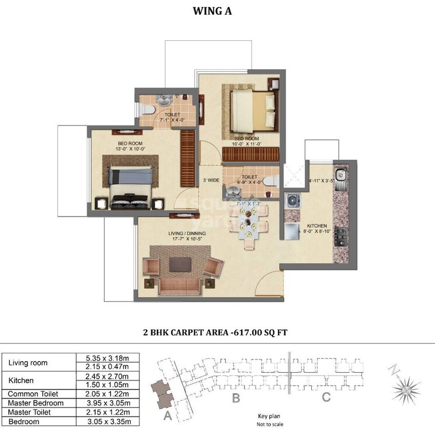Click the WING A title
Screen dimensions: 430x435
(x=217, y=10)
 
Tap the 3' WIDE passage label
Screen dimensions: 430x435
(x=211, y=180)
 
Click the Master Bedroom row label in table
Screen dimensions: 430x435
(x=36, y=403)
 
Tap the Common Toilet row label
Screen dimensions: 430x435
(x=34, y=394)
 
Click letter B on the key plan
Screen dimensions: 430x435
(x=236, y=399)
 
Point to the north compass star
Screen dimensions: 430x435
(x=402, y=390)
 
